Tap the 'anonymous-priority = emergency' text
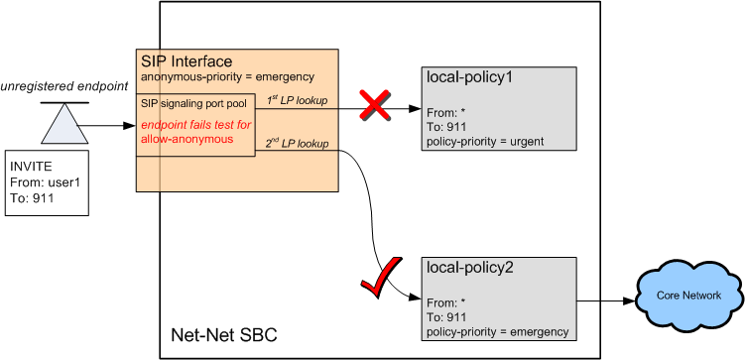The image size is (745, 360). pos(227,76)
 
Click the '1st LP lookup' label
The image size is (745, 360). pos(304,100)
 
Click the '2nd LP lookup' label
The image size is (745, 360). pos(304,145)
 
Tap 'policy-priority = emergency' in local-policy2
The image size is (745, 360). pos(496,332)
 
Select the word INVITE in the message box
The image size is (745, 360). pos(34,167)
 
